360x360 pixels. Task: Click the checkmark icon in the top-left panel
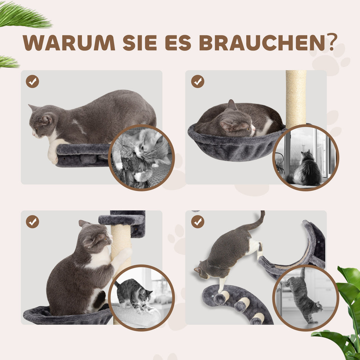tap(32, 81)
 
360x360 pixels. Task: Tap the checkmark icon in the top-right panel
tap(198, 81)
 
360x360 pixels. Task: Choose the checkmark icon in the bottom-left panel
tap(32, 222)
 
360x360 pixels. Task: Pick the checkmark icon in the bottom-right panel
tap(198, 222)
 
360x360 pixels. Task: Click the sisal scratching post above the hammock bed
tap(296, 97)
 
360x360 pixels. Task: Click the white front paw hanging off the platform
tap(52, 153)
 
